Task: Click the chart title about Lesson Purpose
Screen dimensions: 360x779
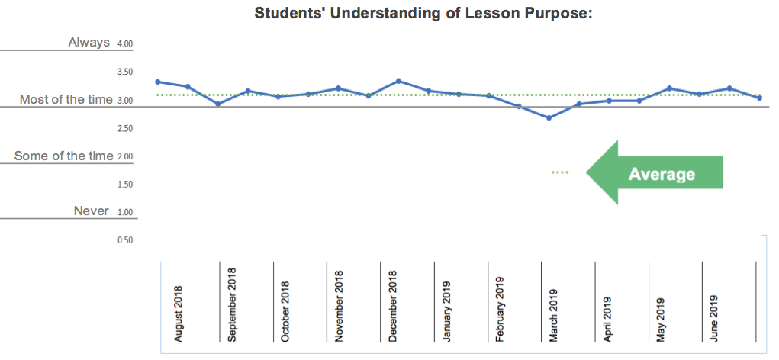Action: coord(423,14)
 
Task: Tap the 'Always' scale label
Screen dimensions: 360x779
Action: coord(89,43)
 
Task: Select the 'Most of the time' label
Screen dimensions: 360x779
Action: coord(66,99)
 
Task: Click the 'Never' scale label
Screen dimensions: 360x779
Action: coord(91,211)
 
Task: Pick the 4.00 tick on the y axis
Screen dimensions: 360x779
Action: coord(125,44)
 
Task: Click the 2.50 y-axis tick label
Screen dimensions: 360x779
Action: coord(125,128)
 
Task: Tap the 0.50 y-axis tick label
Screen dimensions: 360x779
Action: coord(125,240)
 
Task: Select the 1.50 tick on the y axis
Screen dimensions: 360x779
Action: coord(125,185)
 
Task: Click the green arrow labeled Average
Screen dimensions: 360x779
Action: coord(655,173)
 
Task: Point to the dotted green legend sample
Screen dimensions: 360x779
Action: coord(560,172)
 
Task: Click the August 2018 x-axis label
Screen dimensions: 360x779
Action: coord(179,313)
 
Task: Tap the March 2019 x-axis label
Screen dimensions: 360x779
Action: coord(554,314)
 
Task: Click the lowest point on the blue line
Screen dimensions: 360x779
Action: coord(549,117)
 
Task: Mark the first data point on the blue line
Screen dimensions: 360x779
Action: coord(157,82)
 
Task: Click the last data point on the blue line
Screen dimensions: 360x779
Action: coord(760,98)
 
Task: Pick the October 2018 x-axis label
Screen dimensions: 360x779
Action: coord(285,314)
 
